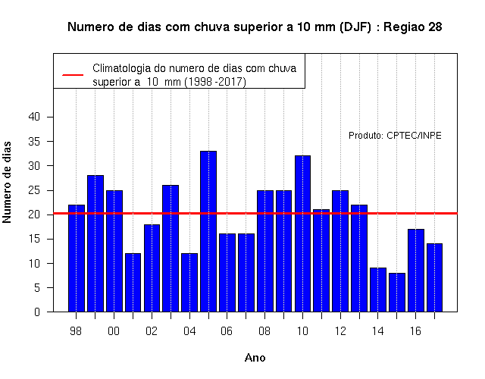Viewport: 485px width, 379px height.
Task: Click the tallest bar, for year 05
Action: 208,231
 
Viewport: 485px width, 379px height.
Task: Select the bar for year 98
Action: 77,258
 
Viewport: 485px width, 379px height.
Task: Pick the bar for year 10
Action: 302,233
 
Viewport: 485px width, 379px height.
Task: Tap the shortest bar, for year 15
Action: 397,293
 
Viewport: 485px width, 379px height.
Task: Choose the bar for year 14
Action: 378,290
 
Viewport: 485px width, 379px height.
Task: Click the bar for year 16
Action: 416,271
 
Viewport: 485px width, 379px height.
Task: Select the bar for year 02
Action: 152,268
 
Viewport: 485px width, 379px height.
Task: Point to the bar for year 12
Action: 340,251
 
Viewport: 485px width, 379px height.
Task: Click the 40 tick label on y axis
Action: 34,117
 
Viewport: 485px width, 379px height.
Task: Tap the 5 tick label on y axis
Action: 37,288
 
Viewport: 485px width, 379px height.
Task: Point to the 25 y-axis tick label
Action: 34,190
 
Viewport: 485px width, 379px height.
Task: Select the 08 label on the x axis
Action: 264,331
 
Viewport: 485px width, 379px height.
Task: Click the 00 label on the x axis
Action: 114,331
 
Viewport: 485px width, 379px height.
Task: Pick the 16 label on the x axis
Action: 415,331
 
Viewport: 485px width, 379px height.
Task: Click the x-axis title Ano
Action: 255,358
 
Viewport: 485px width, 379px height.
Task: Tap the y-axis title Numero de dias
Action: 7,183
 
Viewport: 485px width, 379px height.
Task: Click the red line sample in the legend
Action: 73,75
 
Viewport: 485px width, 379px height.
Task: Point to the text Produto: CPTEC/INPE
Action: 395,136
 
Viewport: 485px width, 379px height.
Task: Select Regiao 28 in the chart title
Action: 412,27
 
